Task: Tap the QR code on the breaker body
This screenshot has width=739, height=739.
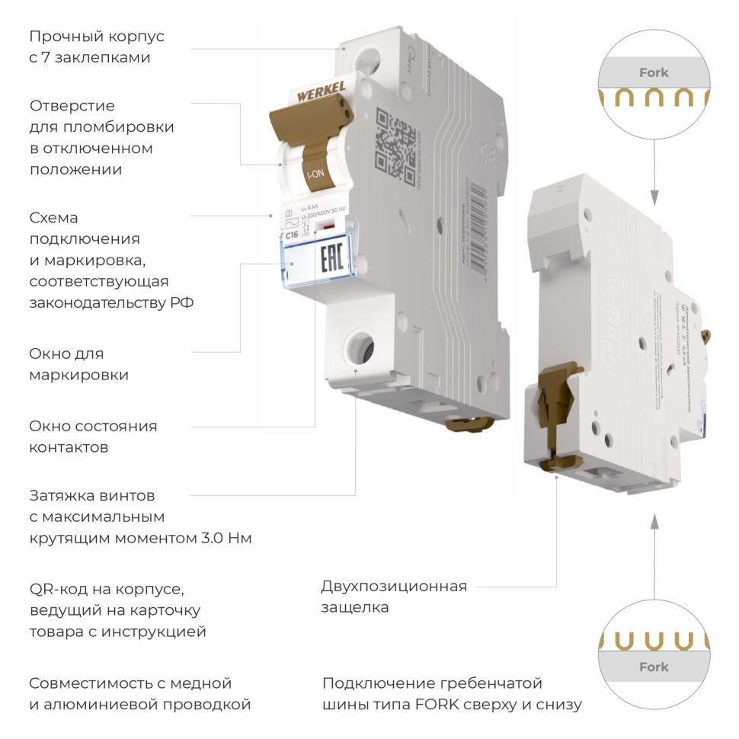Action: (x=395, y=139)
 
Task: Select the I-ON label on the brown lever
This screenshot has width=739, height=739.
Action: (x=314, y=174)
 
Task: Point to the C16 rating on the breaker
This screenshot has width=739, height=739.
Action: (x=292, y=235)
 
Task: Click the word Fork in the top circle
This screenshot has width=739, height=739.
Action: (x=654, y=73)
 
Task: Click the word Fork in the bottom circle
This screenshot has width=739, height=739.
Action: (x=654, y=667)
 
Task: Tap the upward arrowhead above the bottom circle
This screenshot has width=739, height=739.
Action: (x=654, y=521)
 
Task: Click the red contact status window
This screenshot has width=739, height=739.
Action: (x=328, y=226)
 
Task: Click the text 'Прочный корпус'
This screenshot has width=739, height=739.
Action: (x=97, y=37)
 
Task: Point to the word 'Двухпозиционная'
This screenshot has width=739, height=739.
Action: (x=394, y=586)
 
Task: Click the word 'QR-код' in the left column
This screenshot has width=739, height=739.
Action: (x=58, y=589)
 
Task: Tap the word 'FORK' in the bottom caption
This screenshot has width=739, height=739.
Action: (x=437, y=705)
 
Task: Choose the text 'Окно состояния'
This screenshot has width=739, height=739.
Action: (x=93, y=426)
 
